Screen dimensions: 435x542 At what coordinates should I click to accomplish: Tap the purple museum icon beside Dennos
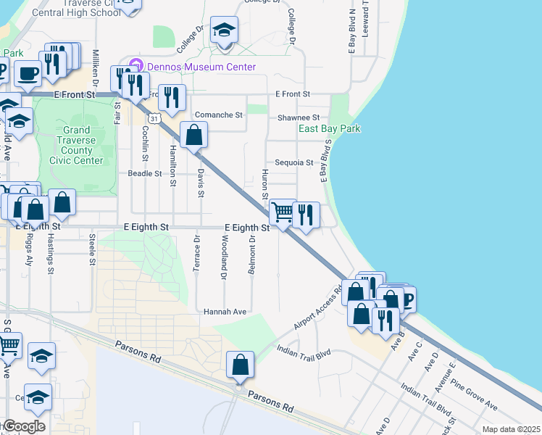134,67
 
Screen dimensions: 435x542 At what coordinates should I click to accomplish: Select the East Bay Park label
330,129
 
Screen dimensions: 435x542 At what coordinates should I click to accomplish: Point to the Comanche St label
218,115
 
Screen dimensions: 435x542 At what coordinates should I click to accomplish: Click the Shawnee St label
299,117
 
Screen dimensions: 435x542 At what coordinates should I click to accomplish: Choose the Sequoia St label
293,163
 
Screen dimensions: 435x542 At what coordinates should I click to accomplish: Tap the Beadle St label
144,174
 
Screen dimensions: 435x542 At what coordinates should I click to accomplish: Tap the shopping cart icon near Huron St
282,213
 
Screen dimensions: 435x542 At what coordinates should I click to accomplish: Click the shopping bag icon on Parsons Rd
240,365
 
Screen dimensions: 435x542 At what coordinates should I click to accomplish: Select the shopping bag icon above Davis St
194,135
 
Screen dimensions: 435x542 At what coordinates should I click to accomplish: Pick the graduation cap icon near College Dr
225,31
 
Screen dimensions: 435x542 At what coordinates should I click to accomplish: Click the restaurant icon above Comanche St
172,98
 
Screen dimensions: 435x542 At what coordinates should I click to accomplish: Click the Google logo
23,426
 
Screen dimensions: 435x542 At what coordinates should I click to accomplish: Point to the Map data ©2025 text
511,428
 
